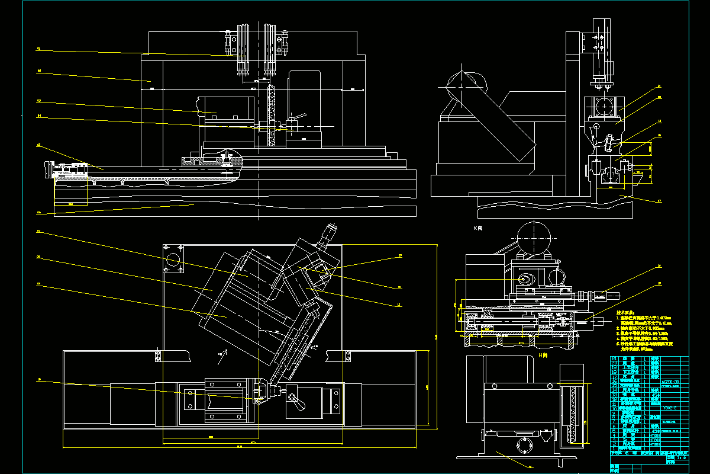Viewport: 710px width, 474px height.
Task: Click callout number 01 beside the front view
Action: tap(38, 48)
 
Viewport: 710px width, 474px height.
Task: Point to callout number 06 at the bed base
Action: tap(38, 212)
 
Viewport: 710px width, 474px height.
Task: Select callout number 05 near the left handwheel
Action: tap(38, 145)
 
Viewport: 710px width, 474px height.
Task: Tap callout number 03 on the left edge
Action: tap(38, 100)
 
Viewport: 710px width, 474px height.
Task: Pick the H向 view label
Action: tap(544, 354)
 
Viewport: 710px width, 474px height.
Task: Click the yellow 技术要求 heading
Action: tap(625, 312)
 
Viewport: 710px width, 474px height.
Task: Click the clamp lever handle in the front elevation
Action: tap(300, 117)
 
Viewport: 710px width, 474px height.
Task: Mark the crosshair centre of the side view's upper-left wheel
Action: tap(463, 85)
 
